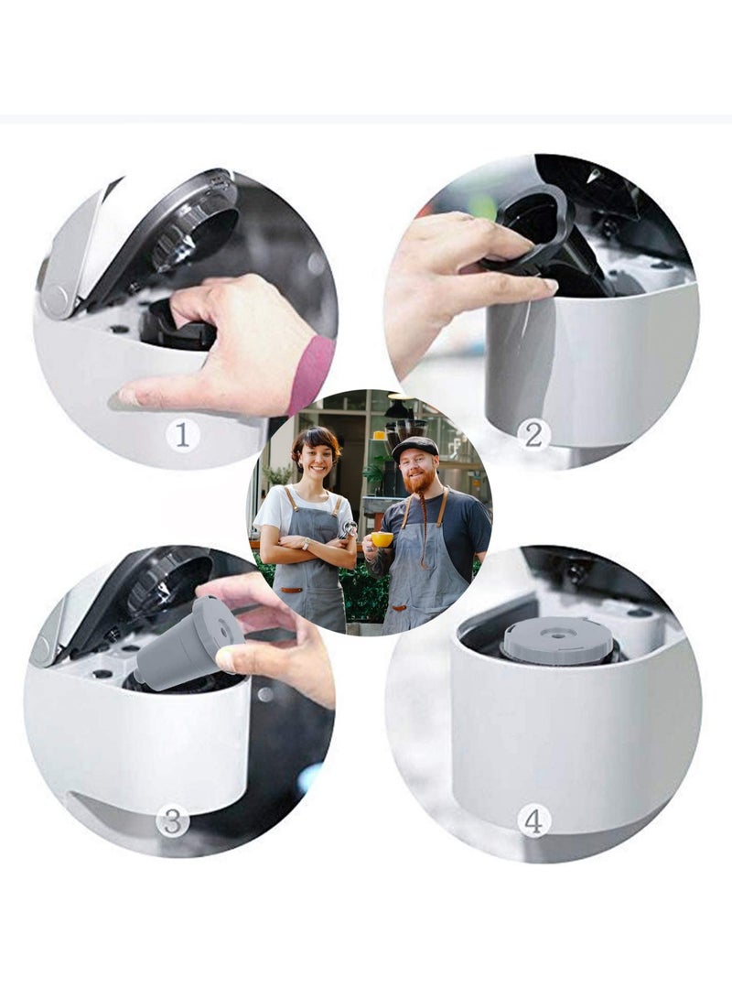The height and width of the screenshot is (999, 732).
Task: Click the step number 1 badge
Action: pyautogui.click(x=182, y=435)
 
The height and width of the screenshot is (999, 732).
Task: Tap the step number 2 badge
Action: pyautogui.click(x=533, y=433)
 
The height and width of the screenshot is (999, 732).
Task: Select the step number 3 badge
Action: pyautogui.click(x=171, y=821)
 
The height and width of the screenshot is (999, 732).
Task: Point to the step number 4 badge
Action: pyautogui.click(x=533, y=820)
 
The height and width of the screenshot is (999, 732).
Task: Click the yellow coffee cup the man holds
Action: pyautogui.click(x=382, y=539)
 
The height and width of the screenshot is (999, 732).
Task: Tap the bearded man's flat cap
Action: pyautogui.click(x=414, y=447)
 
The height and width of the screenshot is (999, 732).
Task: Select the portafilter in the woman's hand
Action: pyautogui.click(x=348, y=530)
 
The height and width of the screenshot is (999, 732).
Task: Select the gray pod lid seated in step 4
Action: pyautogui.click(x=557, y=640)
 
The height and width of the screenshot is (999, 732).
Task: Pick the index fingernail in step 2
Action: pyautogui.click(x=548, y=286)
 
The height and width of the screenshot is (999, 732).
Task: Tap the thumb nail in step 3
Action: pyautogui.click(x=225, y=657)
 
